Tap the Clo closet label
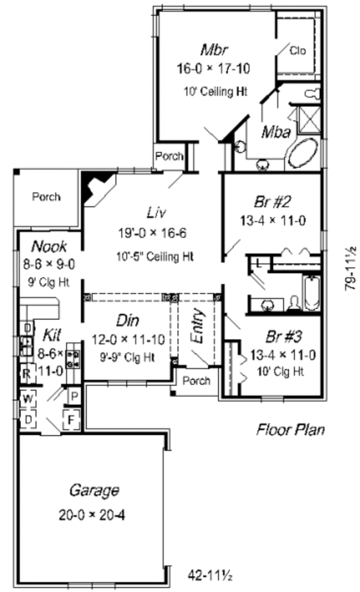click(297, 50)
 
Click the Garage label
click(93, 491)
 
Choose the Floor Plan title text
click(290, 430)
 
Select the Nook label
click(49, 246)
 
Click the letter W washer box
click(28, 399)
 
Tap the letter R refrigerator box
click(27, 373)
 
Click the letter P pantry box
click(74, 396)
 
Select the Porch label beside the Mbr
click(169, 157)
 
